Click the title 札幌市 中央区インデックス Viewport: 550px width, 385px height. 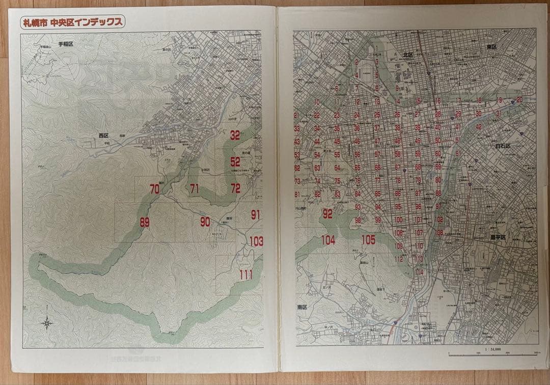pyautogui.click(x=71, y=22)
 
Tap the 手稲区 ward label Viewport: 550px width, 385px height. pyautogui.click(x=66, y=44)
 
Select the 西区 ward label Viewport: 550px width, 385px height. pyautogui.click(x=104, y=135)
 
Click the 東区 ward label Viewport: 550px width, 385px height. pyautogui.click(x=491, y=46)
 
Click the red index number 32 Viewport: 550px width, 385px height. pyautogui.click(x=235, y=135)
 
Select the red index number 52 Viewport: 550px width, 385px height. pyautogui.click(x=235, y=162)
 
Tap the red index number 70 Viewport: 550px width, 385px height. pyautogui.click(x=155, y=189)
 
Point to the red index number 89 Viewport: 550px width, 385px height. pyautogui.click(x=145, y=222)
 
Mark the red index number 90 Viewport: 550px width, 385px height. pyautogui.click(x=205, y=222)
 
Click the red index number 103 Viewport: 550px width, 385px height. pyautogui.click(x=256, y=241)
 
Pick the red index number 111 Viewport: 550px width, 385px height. pyautogui.click(x=246, y=275)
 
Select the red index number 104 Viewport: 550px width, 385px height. pyautogui.click(x=328, y=240)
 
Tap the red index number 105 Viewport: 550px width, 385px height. pyautogui.click(x=368, y=240)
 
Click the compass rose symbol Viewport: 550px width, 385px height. pyautogui.click(x=46, y=322)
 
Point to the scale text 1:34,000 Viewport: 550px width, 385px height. pyautogui.click(x=493, y=349)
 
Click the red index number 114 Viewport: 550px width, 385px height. pyautogui.click(x=420, y=272)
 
